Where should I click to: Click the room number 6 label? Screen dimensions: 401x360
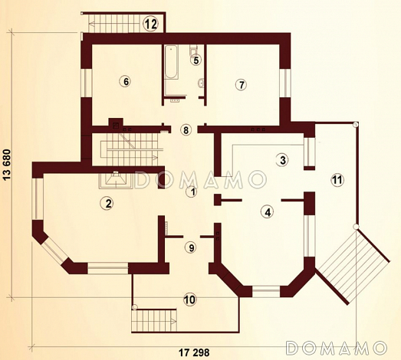pyautogui.click(x=126, y=81)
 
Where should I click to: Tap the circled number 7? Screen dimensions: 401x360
pyautogui.click(x=242, y=84)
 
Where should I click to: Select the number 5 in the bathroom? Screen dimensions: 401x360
pyautogui.click(x=196, y=61)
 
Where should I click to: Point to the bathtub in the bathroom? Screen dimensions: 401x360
pyautogui.click(x=171, y=62)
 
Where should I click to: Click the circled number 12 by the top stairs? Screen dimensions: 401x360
pyautogui.click(x=150, y=24)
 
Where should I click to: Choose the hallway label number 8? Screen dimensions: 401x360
pyautogui.click(x=186, y=130)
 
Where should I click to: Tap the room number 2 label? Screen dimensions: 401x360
pyautogui.click(x=107, y=204)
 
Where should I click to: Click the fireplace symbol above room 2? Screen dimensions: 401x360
pyautogui.click(x=116, y=179)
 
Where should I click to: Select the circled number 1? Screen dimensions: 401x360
pyautogui.click(x=192, y=192)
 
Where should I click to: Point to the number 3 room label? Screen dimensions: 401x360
pyautogui.click(x=282, y=160)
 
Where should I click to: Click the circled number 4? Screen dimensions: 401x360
pyautogui.click(x=268, y=212)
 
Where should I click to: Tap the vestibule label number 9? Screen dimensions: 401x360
pyautogui.click(x=191, y=247)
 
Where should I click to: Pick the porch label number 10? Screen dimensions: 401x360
pyautogui.click(x=189, y=299)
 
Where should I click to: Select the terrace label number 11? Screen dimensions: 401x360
pyautogui.click(x=337, y=180)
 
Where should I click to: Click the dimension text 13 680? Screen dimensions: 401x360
pyautogui.click(x=7, y=165)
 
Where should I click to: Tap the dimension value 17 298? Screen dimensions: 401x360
pyautogui.click(x=194, y=352)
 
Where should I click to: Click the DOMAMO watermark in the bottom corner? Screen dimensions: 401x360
pyautogui.click(x=336, y=348)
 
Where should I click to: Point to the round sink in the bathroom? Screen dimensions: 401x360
pyautogui.click(x=202, y=83)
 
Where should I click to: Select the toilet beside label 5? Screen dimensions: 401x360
pyautogui.click(x=193, y=50)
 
